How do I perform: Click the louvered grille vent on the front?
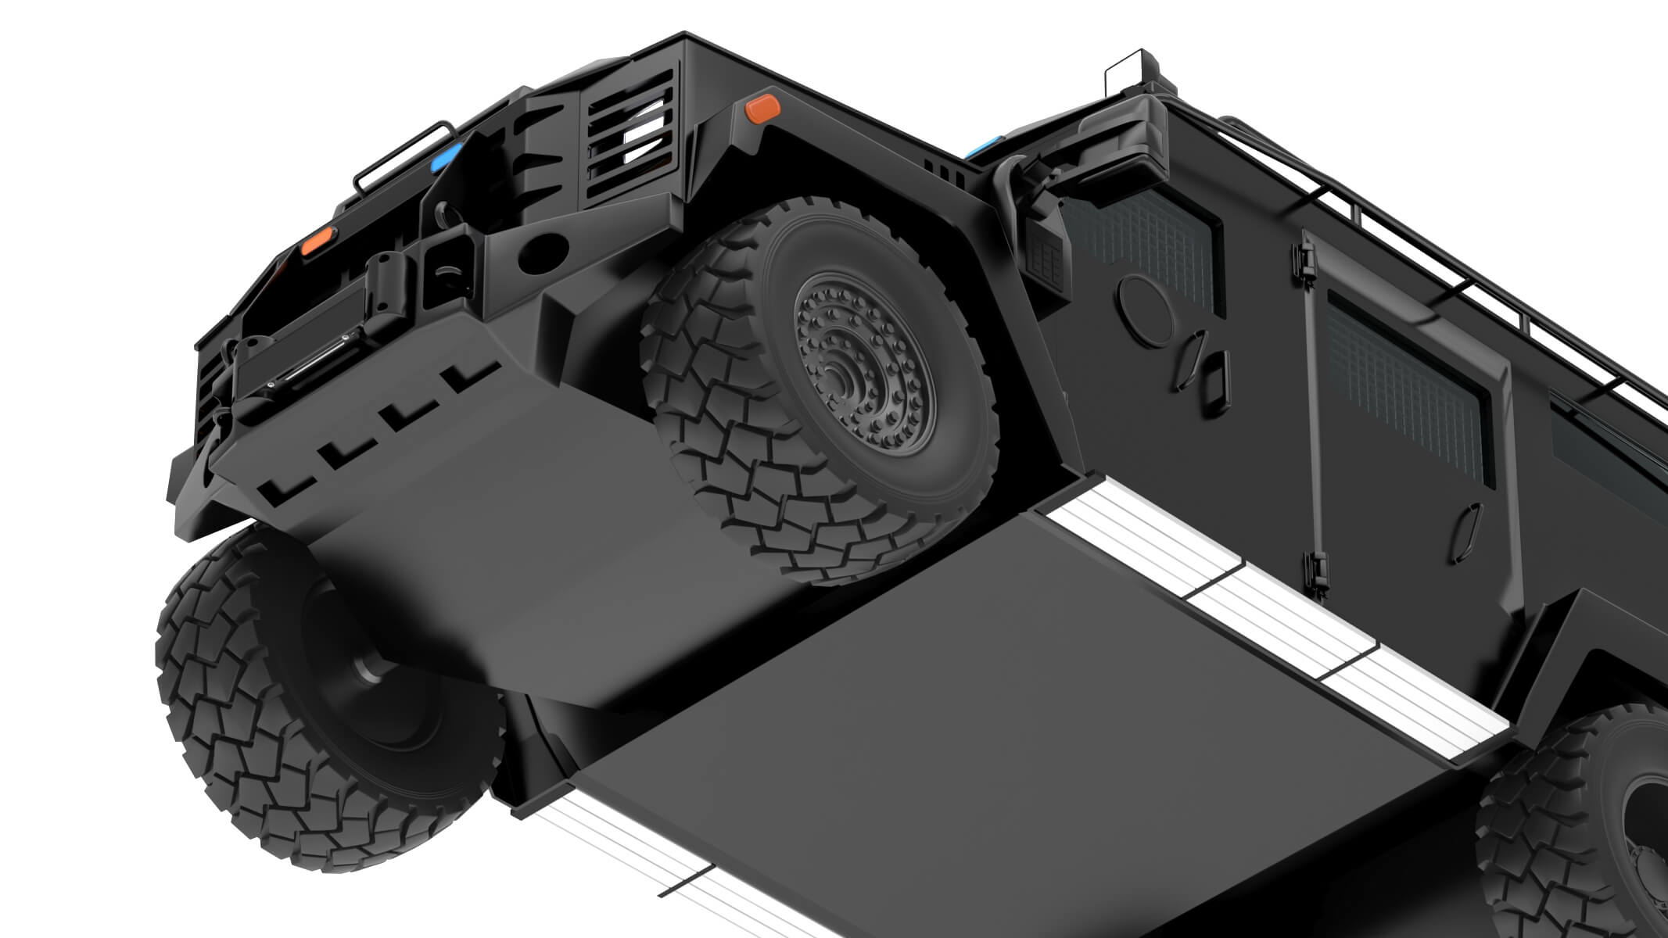point(630,133)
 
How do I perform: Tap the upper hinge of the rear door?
point(1302,258)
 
